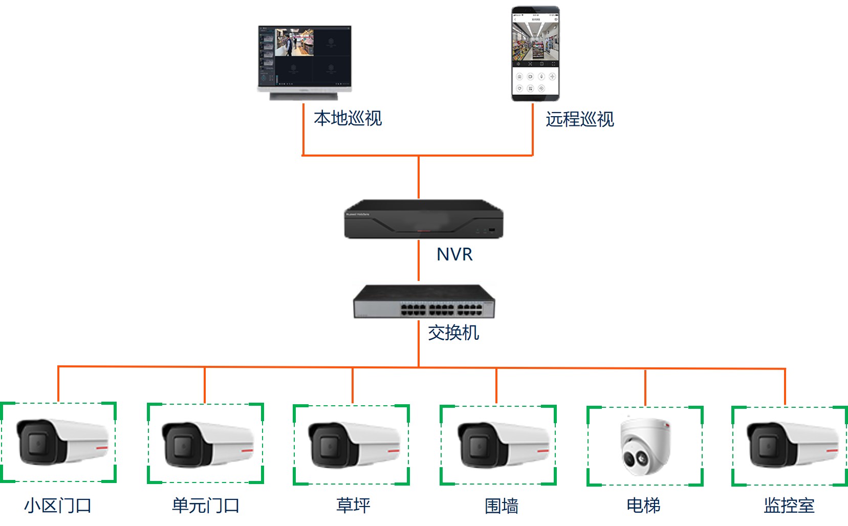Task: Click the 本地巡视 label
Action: click(347, 118)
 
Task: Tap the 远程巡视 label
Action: click(579, 119)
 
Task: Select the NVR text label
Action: click(454, 254)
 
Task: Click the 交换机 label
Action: click(453, 333)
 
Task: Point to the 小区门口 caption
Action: click(58, 506)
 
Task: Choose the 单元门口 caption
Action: click(206, 506)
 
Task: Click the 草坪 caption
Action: click(353, 506)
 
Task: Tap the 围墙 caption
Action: click(502, 506)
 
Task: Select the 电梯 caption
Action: click(643, 506)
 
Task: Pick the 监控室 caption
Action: click(789, 506)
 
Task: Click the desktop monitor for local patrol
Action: click(305, 61)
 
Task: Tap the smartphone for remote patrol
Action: click(535, 53)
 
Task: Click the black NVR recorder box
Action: click(423, 220)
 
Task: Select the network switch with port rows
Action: click(424, 302)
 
